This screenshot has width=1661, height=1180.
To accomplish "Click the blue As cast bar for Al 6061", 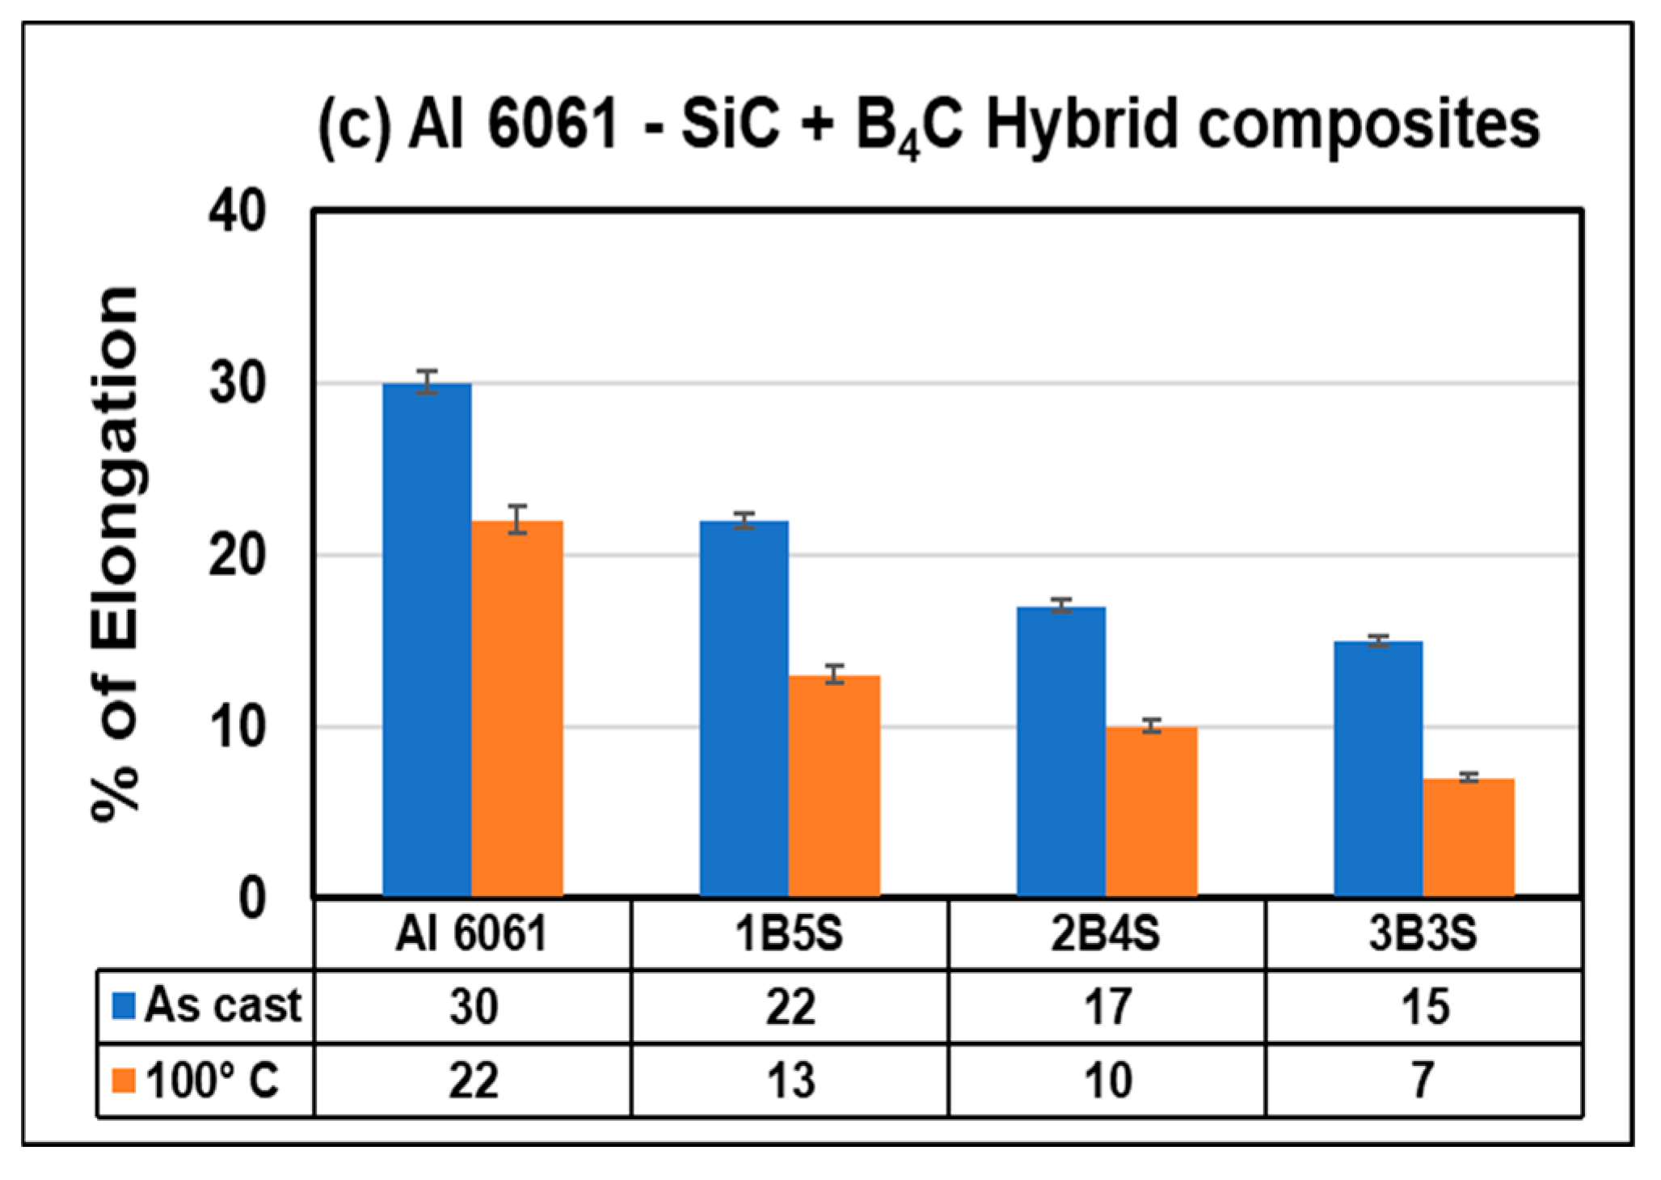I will pyautogui.click(x=427, y=639).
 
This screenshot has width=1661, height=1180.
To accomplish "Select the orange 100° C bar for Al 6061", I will pyautogui.click(x=517, y=708).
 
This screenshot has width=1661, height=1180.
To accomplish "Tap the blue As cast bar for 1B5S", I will pyautogui.click(x=744, y=708).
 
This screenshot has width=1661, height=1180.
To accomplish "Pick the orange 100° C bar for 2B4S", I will pyautogui.click(x=1152, y=811).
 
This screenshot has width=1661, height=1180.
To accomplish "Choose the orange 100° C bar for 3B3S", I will pyautogui.click(x=1469, y=837).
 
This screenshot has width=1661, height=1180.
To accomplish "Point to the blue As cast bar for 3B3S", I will pyautogui.click(x=1378, y=768).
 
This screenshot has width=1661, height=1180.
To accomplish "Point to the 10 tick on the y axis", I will pyautogui.click(x=237, y=727).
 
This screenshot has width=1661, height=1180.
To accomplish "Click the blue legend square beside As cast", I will pyautogui.click(x=124, y=1006).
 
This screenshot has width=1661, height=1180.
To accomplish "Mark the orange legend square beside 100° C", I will pyautogui.click(x=124, y=1081).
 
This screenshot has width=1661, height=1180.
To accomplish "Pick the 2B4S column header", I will pyautogui.click(x=1106, y=934).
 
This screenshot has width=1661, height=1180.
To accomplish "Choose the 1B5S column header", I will pyautogui.click(x=789, y=934).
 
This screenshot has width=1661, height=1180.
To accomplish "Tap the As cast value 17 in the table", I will pyautogui.click(x=1107, y=1007).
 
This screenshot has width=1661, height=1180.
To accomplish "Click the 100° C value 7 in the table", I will pyautogui.click(x=1423, y=1081).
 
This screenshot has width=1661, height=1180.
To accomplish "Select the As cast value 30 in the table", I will pyautogui.click(x=473, y=1007).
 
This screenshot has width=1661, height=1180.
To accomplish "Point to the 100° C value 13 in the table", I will pyautogui.click(x=790, y=1081).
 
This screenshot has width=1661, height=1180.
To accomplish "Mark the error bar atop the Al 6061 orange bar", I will pyautogui.click(x=517, y=518).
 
